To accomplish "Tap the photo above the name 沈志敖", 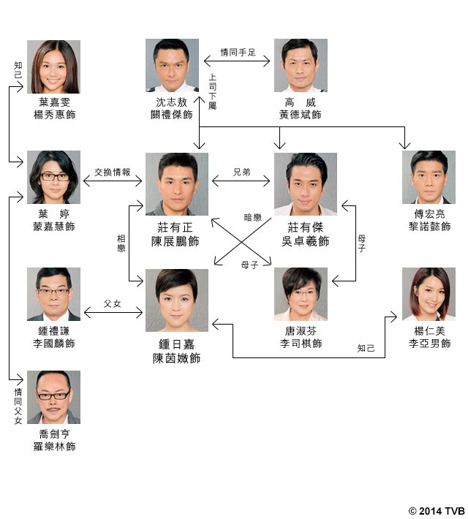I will (172, 65).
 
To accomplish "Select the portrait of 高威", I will (300, 65).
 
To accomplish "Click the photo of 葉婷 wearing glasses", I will (53, 178).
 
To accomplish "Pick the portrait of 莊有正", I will (172, 183).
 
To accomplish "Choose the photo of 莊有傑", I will (306, 183).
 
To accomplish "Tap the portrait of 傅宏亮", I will (429, 178).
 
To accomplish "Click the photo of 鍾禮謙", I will (53, 294).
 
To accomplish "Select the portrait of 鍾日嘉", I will (176, 300).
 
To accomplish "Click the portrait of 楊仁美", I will (429, 294).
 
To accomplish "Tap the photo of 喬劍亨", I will (53, 397).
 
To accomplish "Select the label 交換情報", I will (113, 173).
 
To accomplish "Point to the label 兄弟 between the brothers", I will (241, 173).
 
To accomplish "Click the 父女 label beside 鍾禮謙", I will (113, 302).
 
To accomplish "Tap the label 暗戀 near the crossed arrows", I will (253, 217).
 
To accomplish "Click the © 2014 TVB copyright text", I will (436, 510).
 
